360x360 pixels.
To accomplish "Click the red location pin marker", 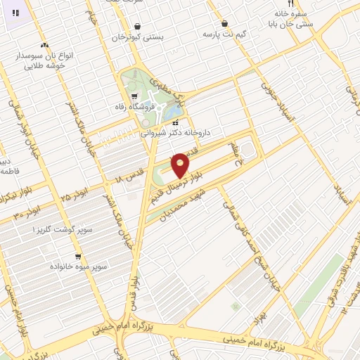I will point(180,165).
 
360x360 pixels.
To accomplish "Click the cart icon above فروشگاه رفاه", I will point(134,96).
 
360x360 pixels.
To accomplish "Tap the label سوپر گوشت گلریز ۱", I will point(53,230).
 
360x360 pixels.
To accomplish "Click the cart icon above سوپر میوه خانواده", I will point(77,257).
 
